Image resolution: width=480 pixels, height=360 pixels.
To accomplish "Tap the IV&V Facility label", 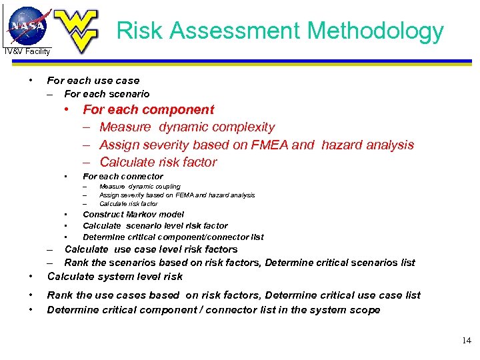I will click(x=27, y=51).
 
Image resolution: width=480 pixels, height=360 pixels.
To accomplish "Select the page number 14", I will click(x=466, y=341).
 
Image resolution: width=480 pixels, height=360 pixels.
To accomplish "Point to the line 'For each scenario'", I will click(x=107, y=94).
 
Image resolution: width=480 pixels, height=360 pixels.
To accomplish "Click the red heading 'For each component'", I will click(x=148, y=109).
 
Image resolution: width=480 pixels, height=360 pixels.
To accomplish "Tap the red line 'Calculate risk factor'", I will click(x=158, y=162).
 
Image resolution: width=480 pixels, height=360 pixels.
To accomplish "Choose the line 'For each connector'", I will click(x=123, y=177).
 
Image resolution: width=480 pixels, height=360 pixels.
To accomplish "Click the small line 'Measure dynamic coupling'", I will click(x=139, y=187).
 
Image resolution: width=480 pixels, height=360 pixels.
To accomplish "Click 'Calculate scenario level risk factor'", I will click(x=155, y=226).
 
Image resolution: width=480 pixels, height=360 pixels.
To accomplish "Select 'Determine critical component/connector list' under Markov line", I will click(x=173, y=237).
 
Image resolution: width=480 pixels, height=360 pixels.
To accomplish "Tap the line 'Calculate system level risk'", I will click(x=115, y=277).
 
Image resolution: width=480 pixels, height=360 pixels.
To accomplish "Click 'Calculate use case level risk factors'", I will click(x=151, y=249).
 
